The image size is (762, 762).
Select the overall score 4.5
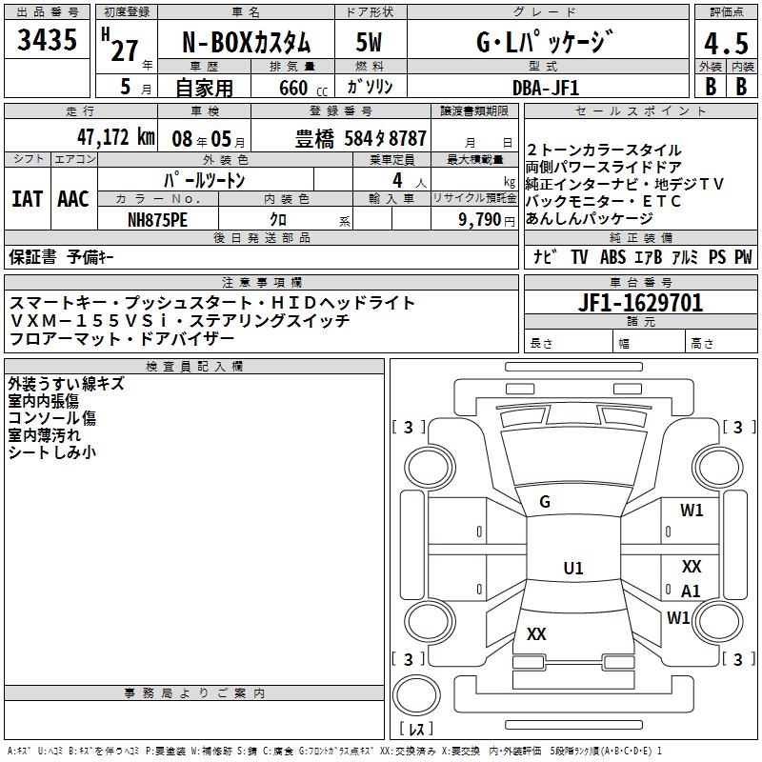(725, 44)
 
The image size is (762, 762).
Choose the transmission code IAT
(28, 199)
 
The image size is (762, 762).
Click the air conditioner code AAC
(73, 199)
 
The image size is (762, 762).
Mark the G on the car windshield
(545, 502)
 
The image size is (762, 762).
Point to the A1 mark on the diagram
(691, 591)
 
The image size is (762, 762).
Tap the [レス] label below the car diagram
(415, 729)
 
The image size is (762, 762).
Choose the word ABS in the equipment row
(612, 256)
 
